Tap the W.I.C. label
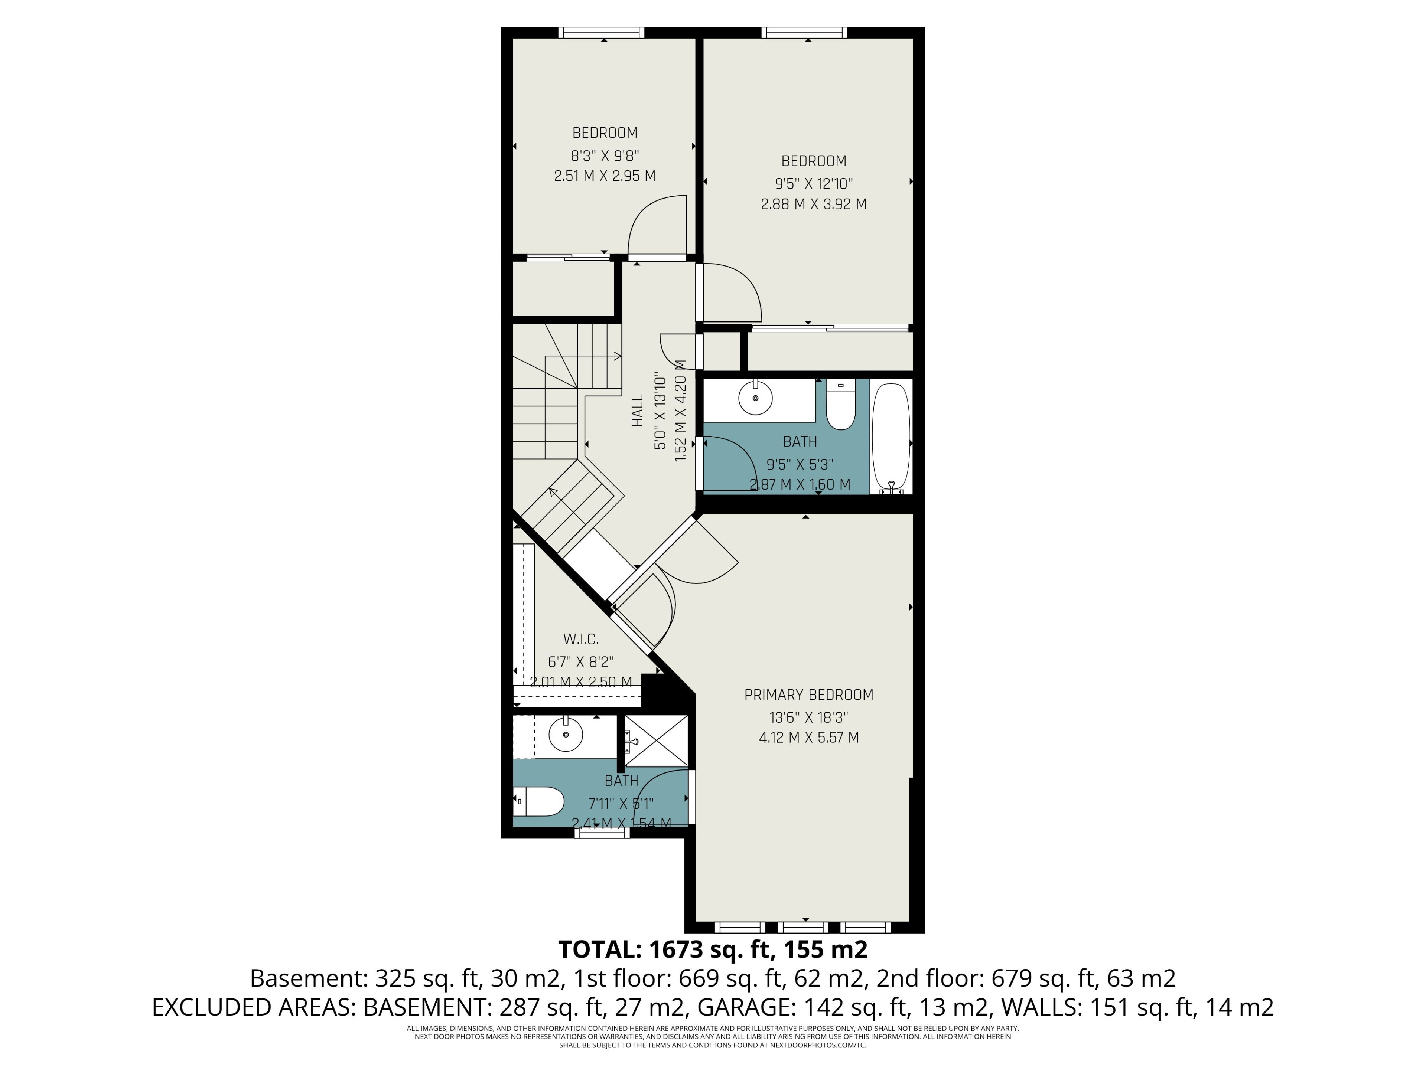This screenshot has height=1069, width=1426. tap(581, 639)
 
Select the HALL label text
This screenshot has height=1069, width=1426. tap(638, 411)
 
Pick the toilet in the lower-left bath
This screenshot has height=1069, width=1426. tap(538, 802)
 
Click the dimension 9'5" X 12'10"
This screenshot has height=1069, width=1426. tap(814, 183)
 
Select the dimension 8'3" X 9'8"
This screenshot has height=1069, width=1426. tap(605, 155)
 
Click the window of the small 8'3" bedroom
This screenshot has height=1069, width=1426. tap(602, 32)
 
